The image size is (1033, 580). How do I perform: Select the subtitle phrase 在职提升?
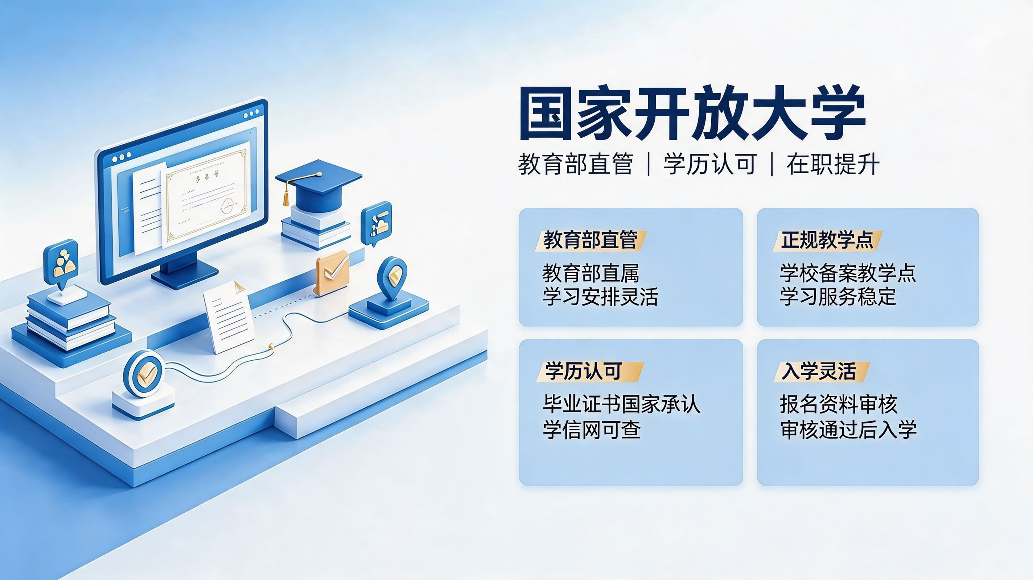click(x=833, y=164)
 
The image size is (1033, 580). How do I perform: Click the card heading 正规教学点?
click(x=827, y=240)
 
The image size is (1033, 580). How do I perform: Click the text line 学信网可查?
click(x=592, y=429)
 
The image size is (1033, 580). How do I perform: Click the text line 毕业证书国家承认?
click(x=622, y=404)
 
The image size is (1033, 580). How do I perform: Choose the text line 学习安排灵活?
click(x=601, y=297)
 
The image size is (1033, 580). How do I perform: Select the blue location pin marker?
click(x=392, y=278)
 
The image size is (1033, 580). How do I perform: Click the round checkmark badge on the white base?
click(x=144, y=374)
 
